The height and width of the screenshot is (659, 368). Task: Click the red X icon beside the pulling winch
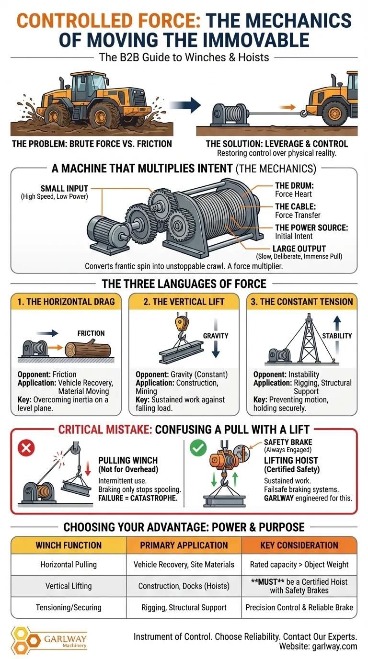[x=26, y=448]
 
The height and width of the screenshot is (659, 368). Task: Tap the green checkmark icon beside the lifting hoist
[x=198, y=448]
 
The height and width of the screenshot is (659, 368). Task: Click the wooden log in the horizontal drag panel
[x=88, y=349]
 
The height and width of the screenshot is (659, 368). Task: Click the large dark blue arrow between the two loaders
[x=185, y=105]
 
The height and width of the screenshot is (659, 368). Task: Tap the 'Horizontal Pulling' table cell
[x=69, y=564]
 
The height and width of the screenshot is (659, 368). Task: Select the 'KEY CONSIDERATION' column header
[x=299, y=545]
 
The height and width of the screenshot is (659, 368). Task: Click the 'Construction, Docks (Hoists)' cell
[x=184, y=586]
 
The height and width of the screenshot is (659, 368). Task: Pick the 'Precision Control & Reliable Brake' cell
[x=299, y=607]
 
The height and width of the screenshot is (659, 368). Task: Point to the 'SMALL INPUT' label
[x=64, y=188]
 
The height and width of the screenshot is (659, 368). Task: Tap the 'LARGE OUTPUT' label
[x=299, y=249]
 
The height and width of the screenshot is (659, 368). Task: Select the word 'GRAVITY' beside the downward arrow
[x=216, y=336]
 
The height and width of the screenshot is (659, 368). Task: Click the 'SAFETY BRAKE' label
[x=288, y=442]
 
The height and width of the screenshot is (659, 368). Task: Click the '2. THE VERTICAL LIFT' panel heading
[x=184, y=302]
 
